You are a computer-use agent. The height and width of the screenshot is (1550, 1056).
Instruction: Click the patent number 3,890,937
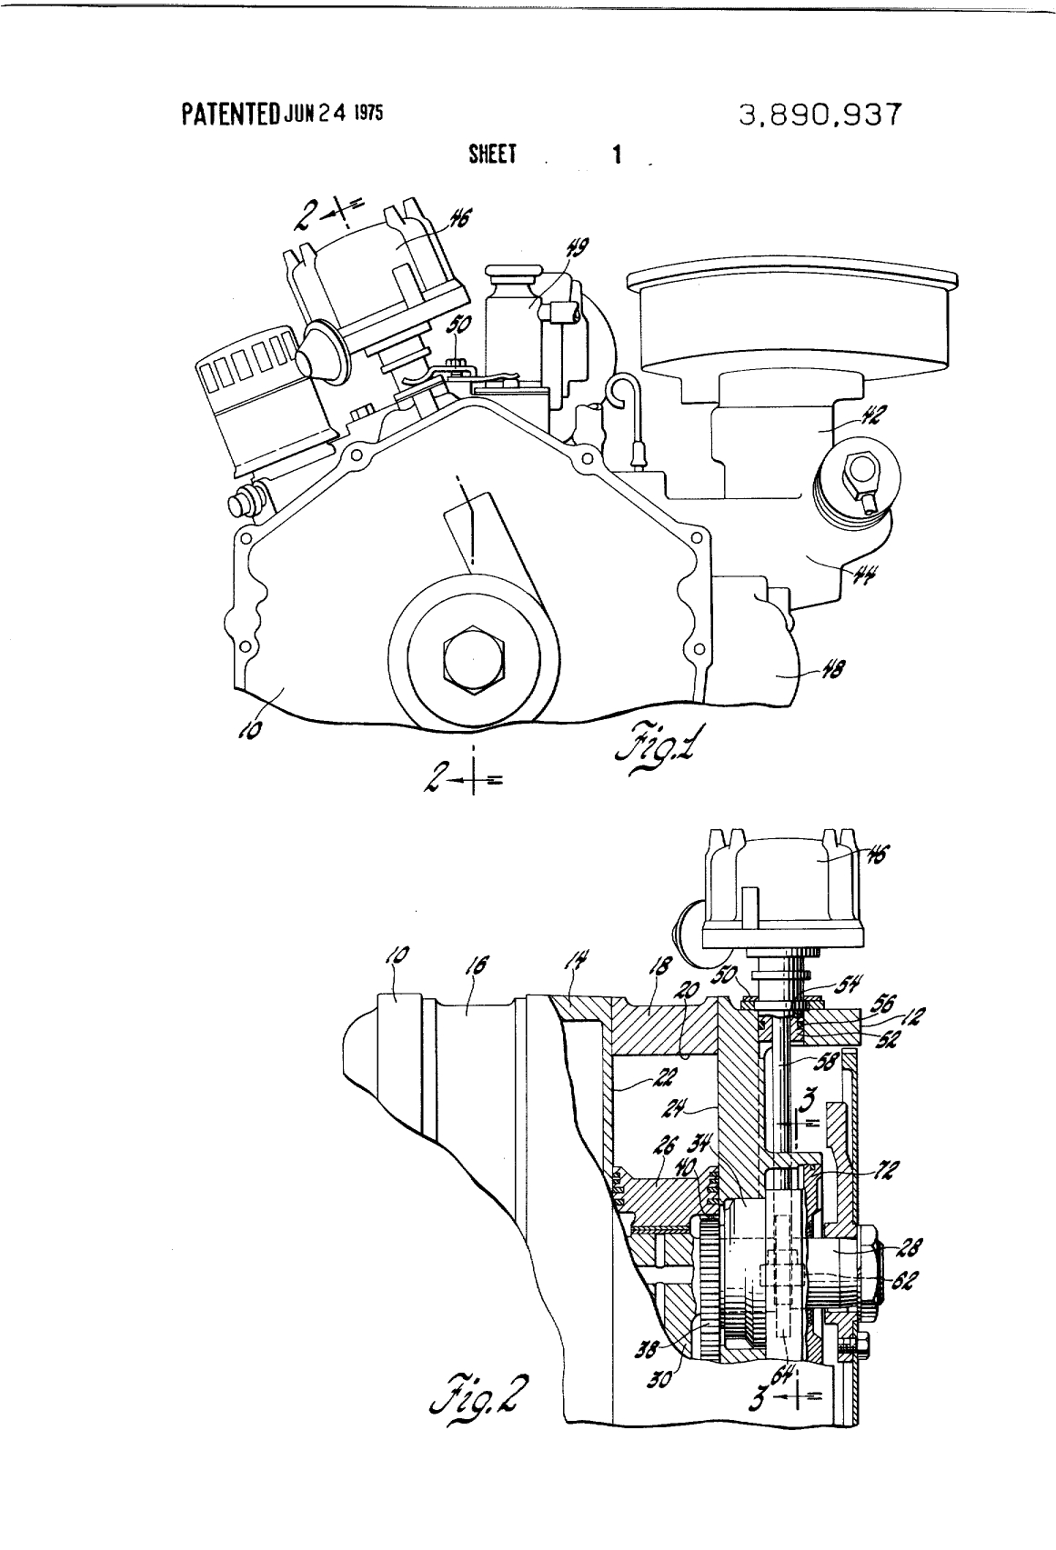click(x=821, y=115)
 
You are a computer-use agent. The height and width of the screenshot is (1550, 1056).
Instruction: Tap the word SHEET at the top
click(x=492, y=155)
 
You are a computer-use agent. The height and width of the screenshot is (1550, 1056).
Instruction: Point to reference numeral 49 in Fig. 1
click(x=578, y=247)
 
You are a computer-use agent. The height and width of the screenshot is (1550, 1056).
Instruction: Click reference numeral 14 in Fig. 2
click(x=579, y=961)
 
